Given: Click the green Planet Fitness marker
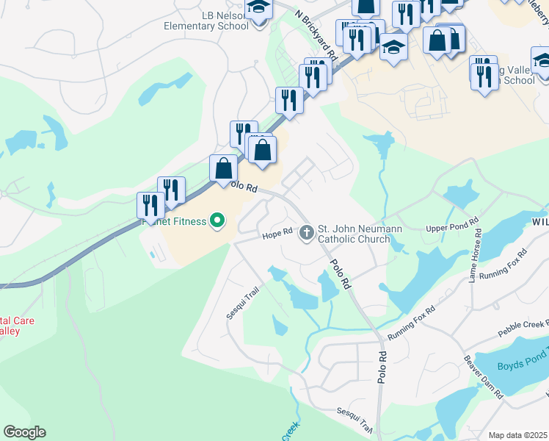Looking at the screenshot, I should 217,220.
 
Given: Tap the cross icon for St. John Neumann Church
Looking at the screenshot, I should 305,233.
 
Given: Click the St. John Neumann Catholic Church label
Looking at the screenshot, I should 360,234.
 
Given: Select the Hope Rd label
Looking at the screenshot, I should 278,234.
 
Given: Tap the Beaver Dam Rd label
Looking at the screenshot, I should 483,378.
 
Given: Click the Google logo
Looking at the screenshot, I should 24,432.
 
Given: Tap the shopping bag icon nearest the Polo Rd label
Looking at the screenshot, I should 223,169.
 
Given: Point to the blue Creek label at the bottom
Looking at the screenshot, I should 290,432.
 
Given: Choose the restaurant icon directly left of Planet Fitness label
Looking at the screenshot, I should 150,207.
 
